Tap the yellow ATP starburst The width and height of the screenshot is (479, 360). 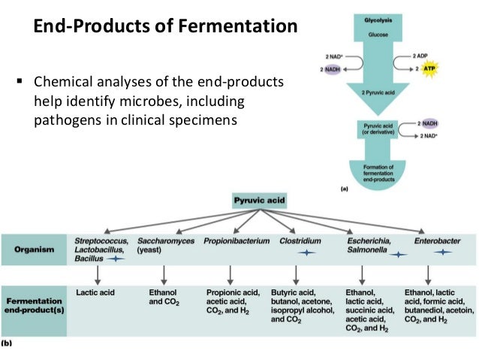click(429, 68)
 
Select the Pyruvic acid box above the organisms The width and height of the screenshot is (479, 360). click(259, 201)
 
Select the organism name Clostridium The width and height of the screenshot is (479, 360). click(300, 240)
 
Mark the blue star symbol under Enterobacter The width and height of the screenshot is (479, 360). click(441, 253)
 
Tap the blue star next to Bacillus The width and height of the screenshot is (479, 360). click(116, 257)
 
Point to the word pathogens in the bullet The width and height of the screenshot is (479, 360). click(68, 118)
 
